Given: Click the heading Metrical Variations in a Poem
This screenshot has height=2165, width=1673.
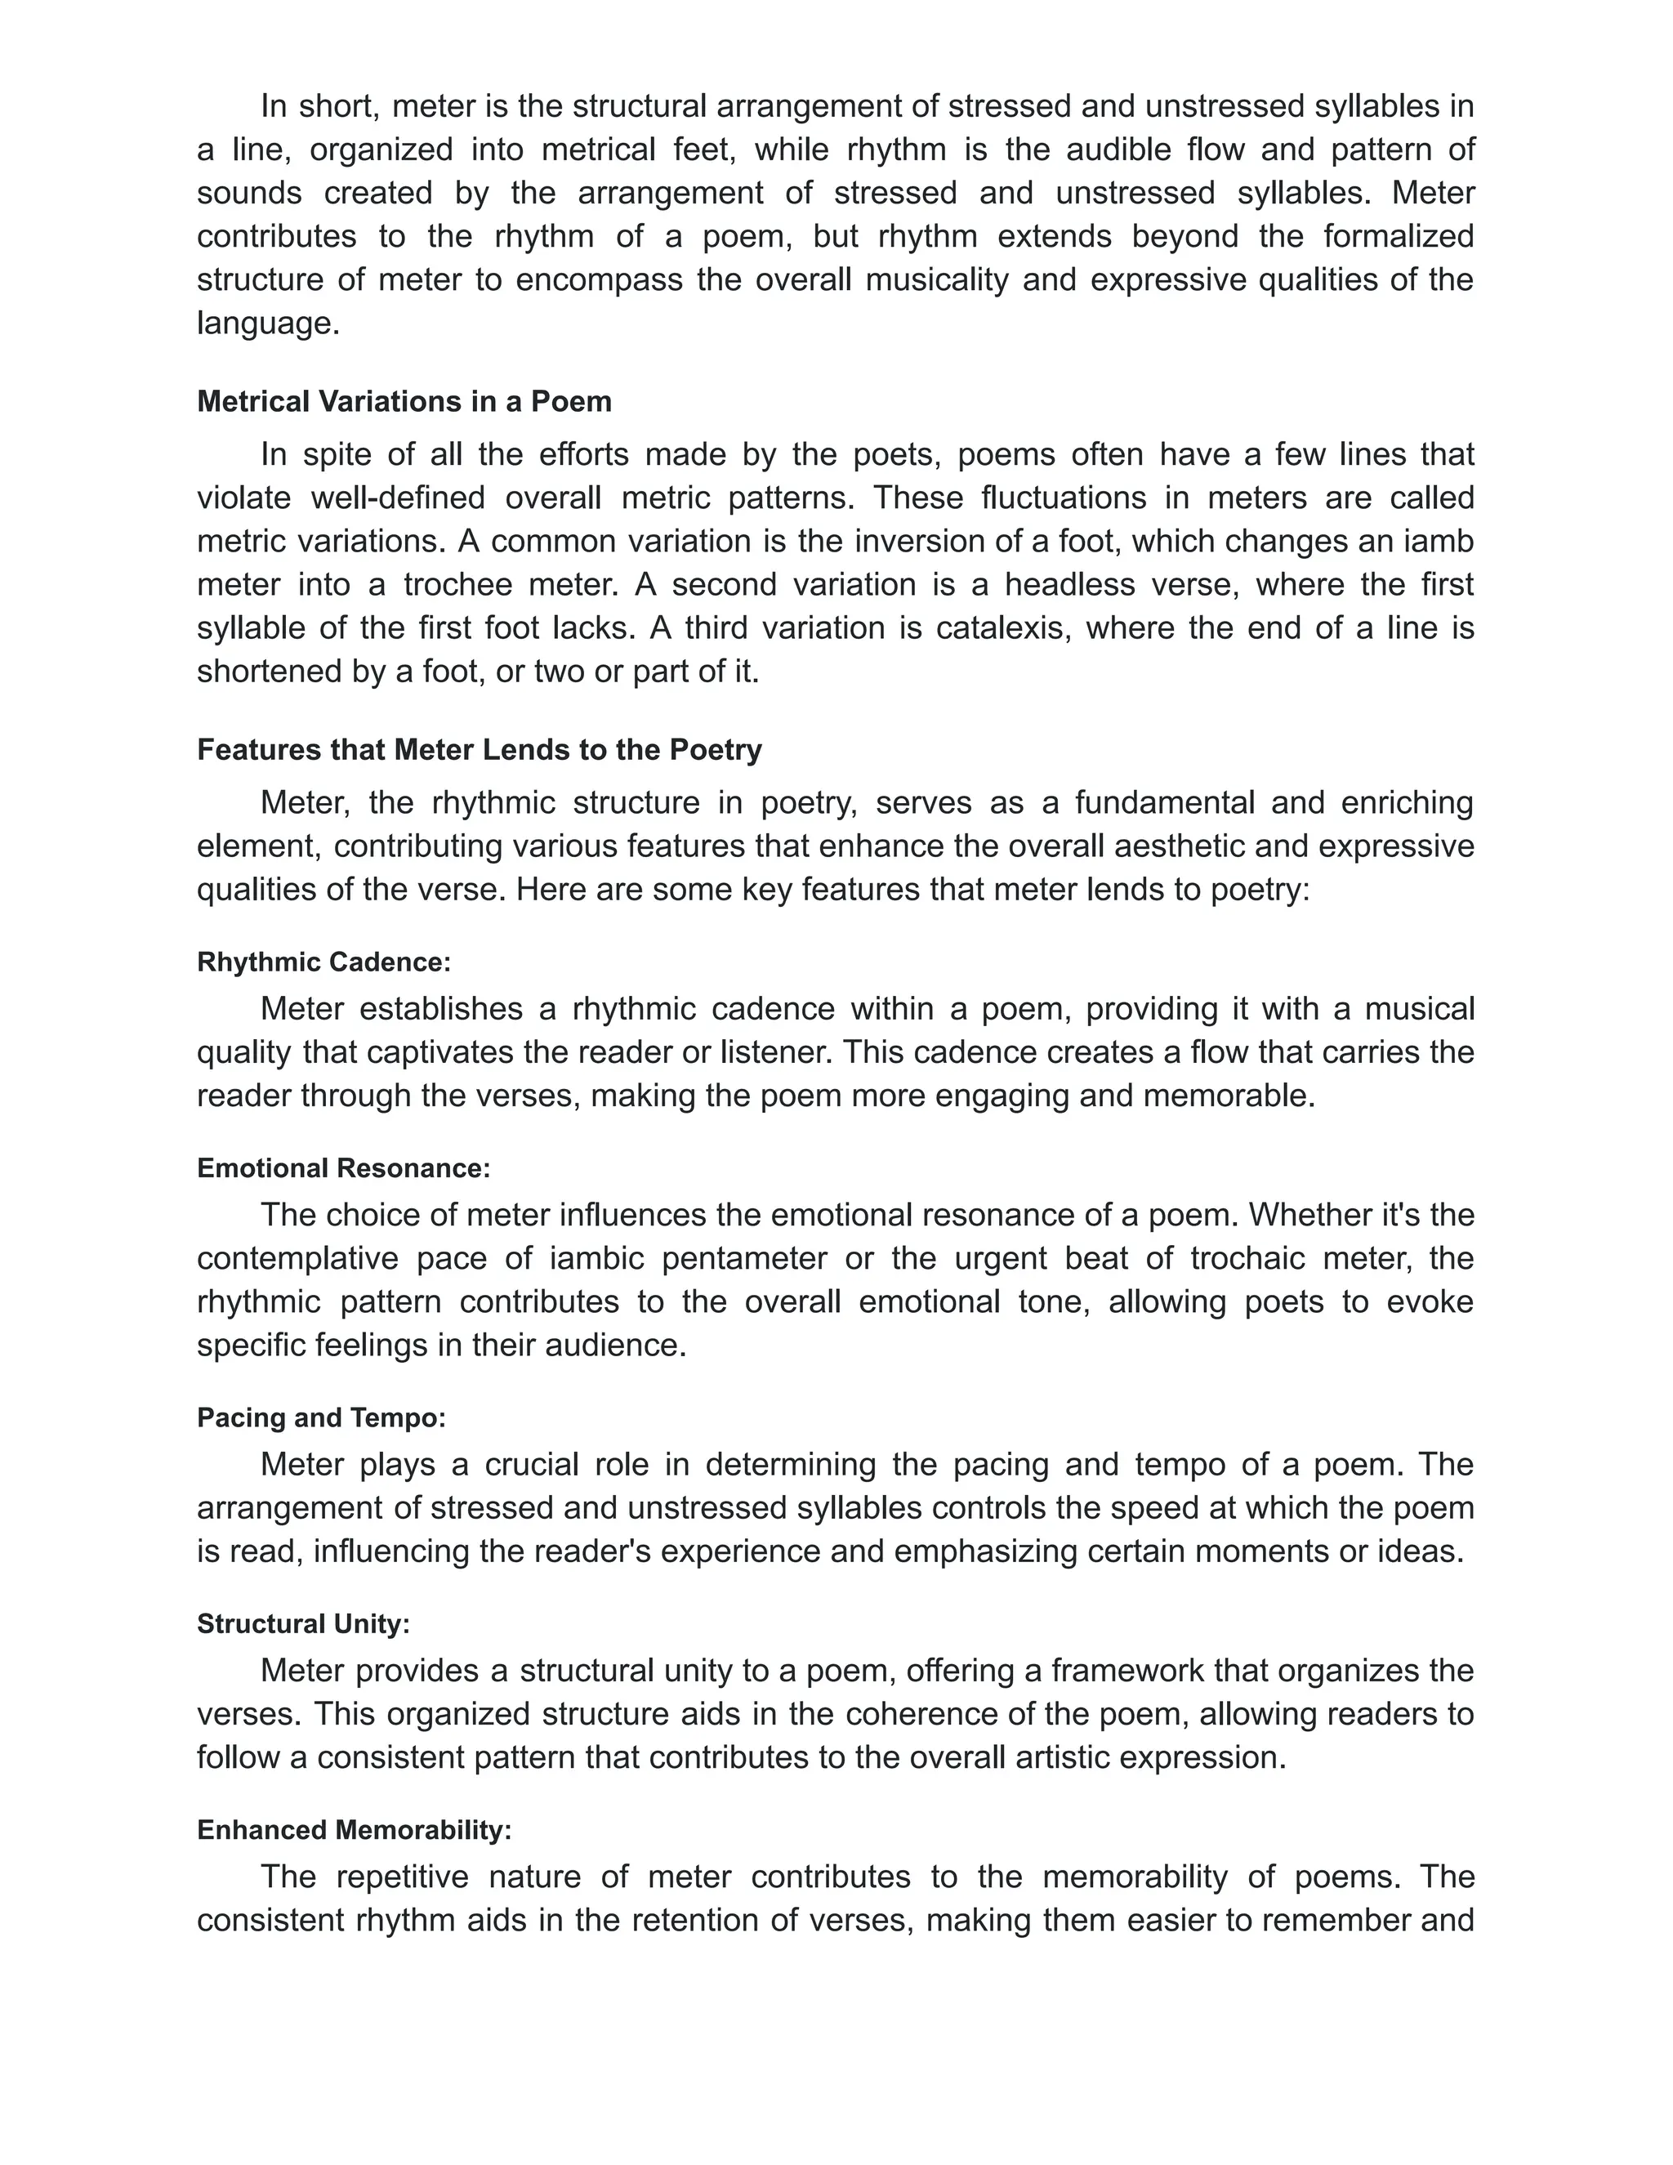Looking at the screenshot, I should pyautogui.click(x=404, y=401).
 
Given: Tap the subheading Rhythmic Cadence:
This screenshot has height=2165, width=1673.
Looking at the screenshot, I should pyautogui.click(x=324, y=962).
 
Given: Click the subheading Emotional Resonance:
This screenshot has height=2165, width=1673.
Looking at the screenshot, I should pyautogui.click(x=343, y=1167).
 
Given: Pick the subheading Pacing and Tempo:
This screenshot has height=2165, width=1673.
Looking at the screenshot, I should pyautogui.click(x=321, y=1417).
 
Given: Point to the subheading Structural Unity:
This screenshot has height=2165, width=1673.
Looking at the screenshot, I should pyautogui.click(x=303, y=1624).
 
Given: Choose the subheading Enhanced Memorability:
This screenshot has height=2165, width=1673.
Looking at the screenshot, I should pyautogui.click(x=354, y=1830).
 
